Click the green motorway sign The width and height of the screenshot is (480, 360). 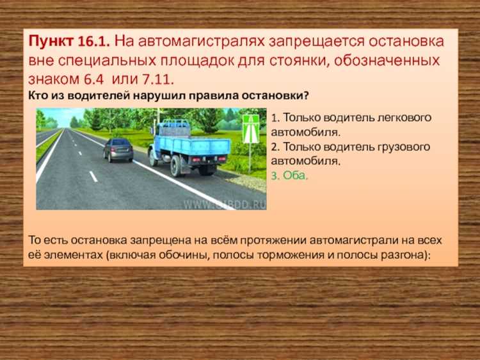coord(251,129)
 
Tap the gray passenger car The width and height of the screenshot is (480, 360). coord(118,149)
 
